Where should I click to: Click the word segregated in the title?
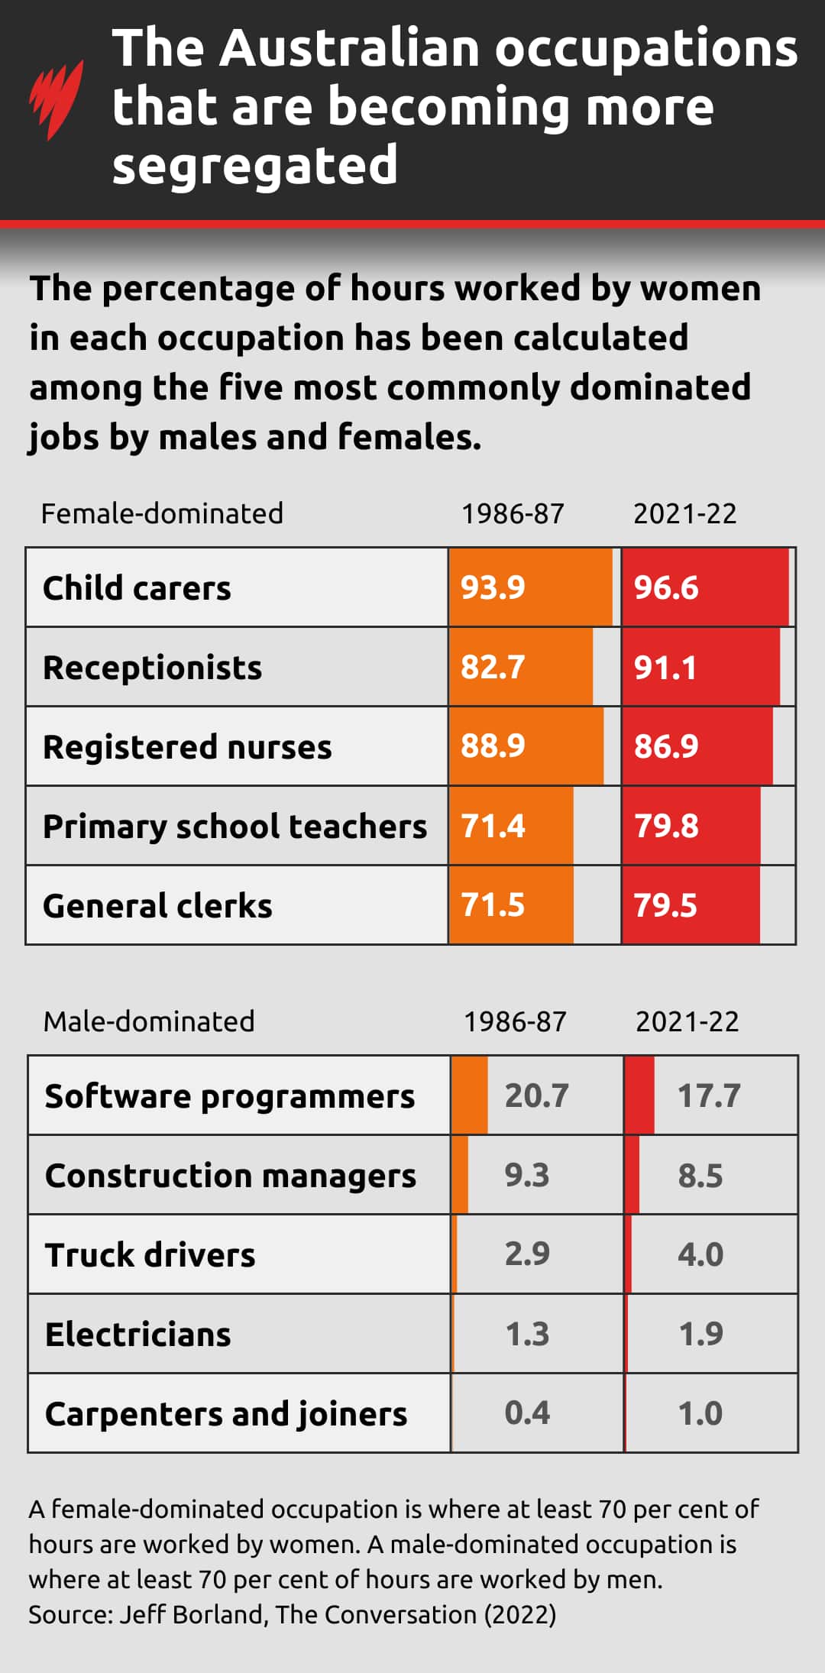(255, 166)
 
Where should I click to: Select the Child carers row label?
(137, 588)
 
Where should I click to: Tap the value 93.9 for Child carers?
(493, 587)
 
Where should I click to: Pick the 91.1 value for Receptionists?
(665, 668)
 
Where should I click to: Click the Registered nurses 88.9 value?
(493, 746)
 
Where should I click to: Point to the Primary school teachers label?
(235, 827)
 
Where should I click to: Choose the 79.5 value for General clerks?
(665, 905)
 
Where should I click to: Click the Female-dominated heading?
(162, 513)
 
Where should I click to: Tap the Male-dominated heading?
(149, 1021)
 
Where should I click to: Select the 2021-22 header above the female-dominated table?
(684, 513)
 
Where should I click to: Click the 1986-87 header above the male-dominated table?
(515, 1021)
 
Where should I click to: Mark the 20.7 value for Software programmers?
(536, 1095)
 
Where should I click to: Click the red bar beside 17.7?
(639, 1095)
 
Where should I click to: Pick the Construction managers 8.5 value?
(700, 1176)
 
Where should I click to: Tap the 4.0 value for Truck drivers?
(700, 1254)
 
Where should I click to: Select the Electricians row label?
(137, 1335)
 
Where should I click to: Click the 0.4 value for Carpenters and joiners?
(527, 1413)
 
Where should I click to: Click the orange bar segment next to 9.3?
(460, 1175)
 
